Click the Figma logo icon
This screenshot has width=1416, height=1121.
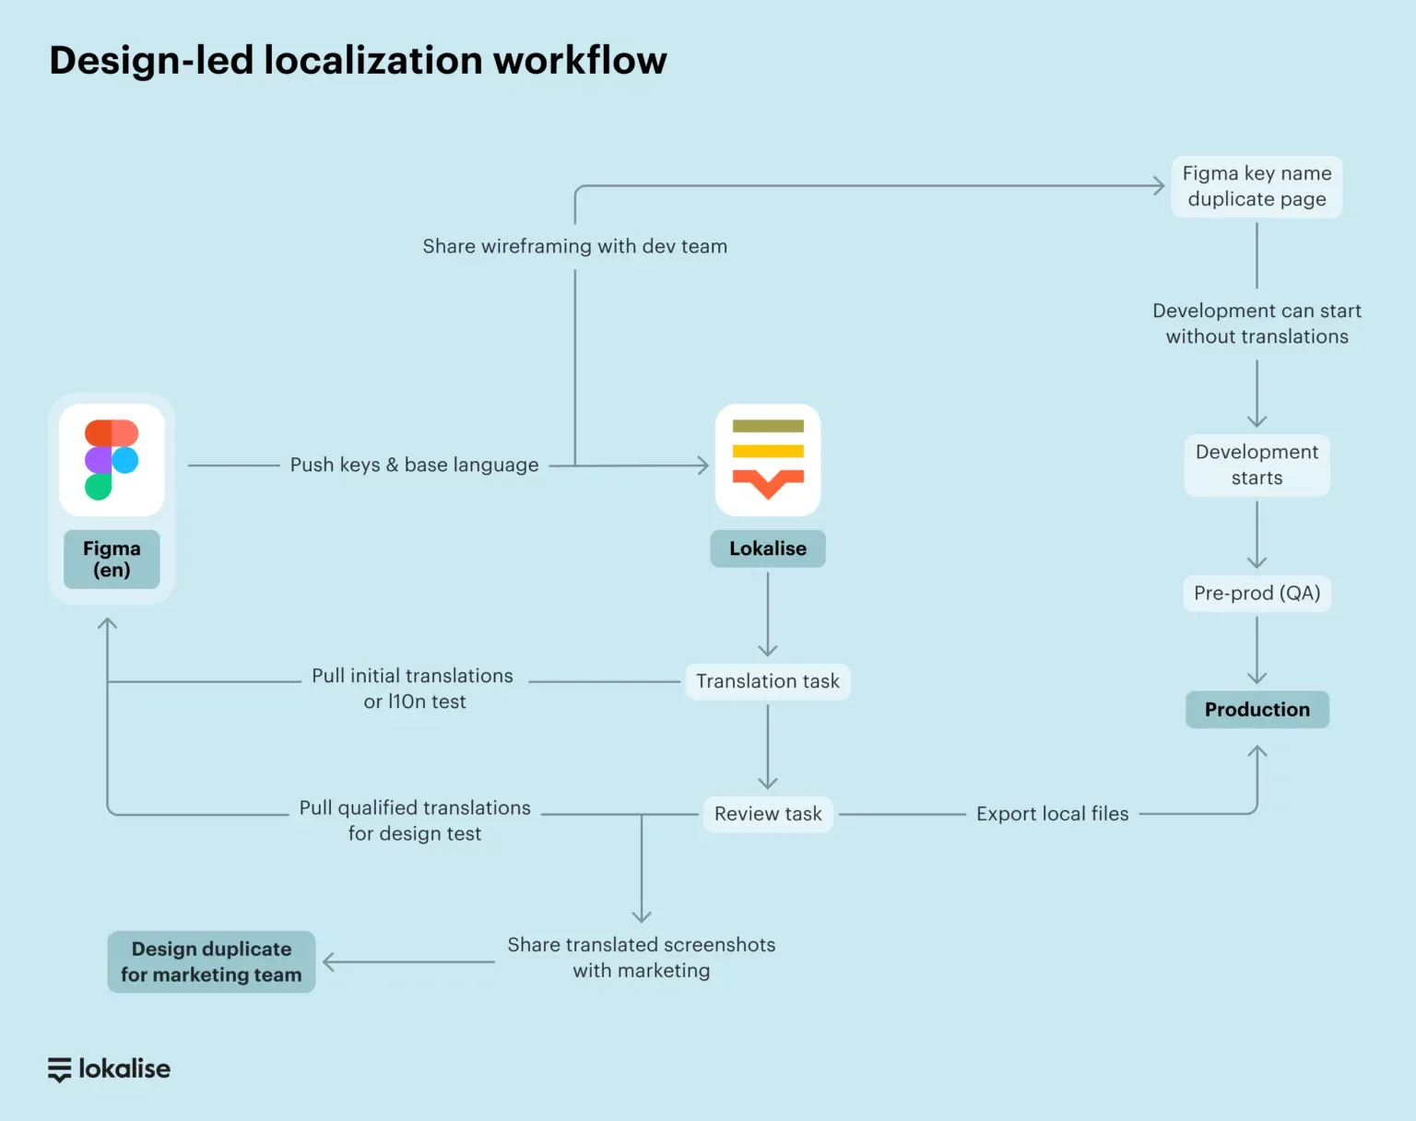(x=112, y=459)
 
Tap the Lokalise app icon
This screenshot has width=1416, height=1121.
(x=768, y=459)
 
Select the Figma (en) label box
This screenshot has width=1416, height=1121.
(x=112, y=559)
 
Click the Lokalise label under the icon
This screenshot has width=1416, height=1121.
(x=768, y=549)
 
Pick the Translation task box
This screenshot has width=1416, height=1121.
(x=768, y=681)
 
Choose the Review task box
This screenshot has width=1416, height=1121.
(x=768, y=814)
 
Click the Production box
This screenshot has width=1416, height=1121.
(x=1257, y=709)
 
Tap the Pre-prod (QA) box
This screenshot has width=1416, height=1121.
(x=1257, y=593)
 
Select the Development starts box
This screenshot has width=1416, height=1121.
(x=1257, y=465)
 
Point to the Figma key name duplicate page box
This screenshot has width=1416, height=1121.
(x=1257, y=186)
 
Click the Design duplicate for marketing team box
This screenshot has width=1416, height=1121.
(x=211, y=962)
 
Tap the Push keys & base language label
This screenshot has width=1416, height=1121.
(x=414, y=465)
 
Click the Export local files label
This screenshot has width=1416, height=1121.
(x=1052, y=814)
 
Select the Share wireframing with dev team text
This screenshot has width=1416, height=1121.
(x=574, y=246)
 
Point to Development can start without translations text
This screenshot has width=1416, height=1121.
(x=1257, y=324)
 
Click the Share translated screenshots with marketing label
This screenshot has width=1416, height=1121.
(x=641, y=957)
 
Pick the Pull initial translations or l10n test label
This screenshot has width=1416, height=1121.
(x=413, y=689)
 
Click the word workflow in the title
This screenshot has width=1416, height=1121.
(x=580, y=61)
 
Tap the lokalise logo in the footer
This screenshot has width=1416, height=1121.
(x=110, y=1068)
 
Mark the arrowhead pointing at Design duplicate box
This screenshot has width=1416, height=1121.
(x=327, y=962)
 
